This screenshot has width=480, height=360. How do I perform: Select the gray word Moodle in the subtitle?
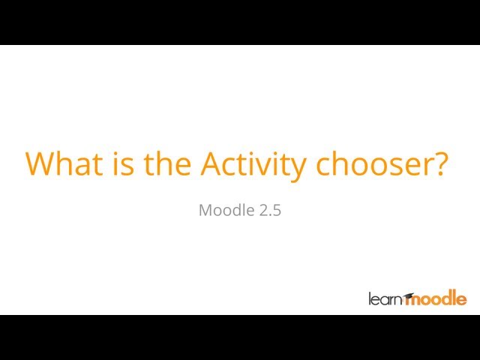226,211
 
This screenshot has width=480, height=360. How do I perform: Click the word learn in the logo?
385,299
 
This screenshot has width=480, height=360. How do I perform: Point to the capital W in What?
40,163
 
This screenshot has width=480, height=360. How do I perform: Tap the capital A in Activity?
212,163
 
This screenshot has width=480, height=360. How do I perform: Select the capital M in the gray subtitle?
206,211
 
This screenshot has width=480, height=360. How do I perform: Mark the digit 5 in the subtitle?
277,211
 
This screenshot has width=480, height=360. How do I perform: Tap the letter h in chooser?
342,163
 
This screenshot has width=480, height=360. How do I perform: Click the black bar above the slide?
240,22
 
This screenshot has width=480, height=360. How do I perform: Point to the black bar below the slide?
240,337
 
